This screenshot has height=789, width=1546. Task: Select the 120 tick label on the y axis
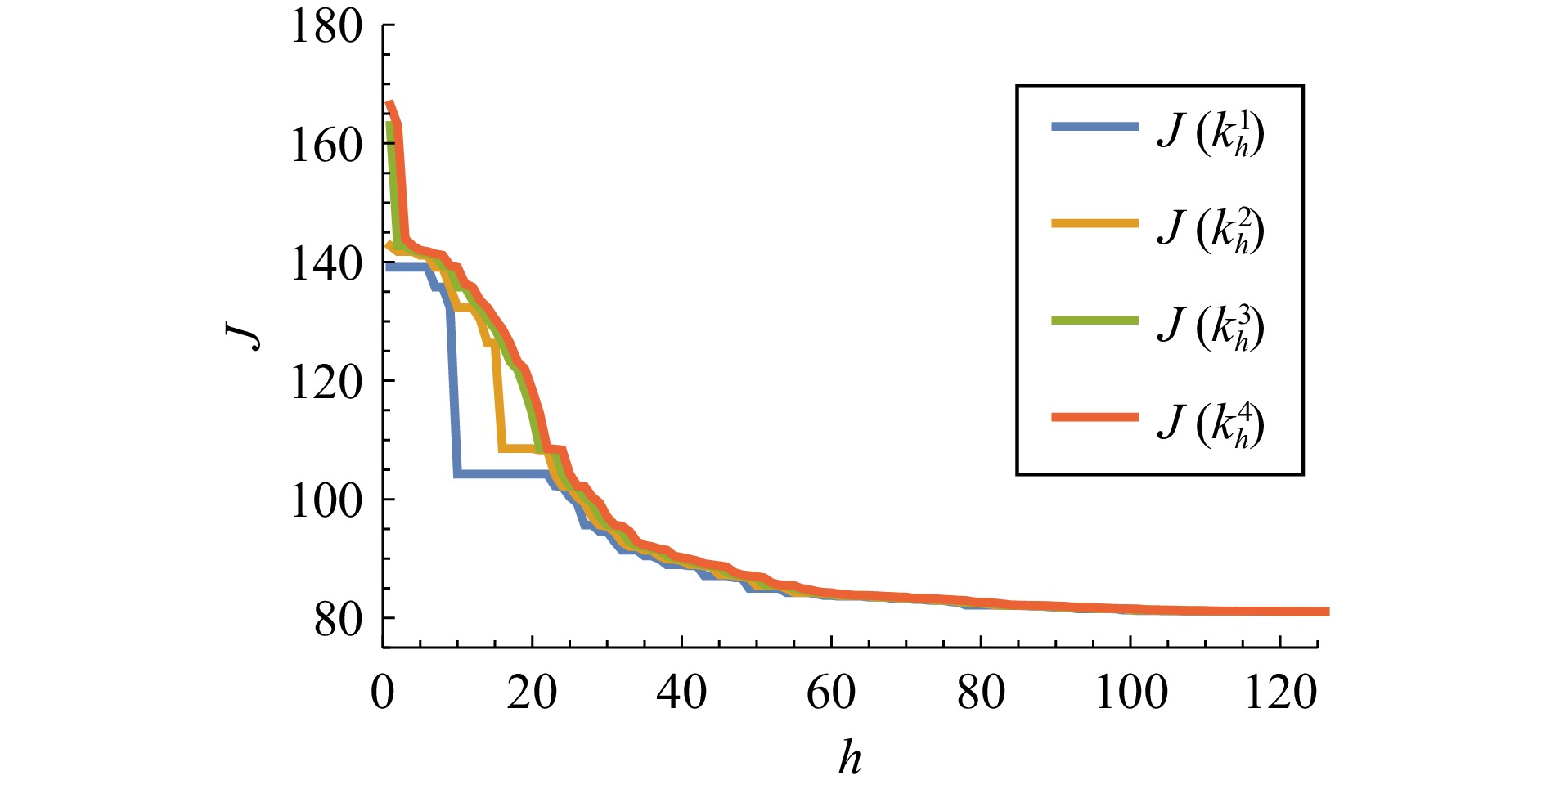[326, 383]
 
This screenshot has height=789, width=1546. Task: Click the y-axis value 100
[326, 501]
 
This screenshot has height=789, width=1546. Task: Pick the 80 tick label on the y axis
[338, 620]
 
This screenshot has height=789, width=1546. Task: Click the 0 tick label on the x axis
[382, 693]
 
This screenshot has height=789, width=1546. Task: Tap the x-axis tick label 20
[532, 693]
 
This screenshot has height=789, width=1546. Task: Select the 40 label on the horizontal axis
[681, 693]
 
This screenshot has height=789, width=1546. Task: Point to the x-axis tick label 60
[831, 693]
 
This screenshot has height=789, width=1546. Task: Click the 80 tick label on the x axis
[981, 693]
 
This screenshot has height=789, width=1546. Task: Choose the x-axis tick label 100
[1130, 693]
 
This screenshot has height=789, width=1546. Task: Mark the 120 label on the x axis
[1280, 693]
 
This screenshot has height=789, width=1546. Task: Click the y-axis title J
[244, 336]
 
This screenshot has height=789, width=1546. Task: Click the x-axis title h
[850, 758]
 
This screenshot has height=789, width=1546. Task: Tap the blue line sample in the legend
[1094, 126]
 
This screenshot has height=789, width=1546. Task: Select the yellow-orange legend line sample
[1094, 223]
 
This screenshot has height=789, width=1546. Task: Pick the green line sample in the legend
[1094, 321]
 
